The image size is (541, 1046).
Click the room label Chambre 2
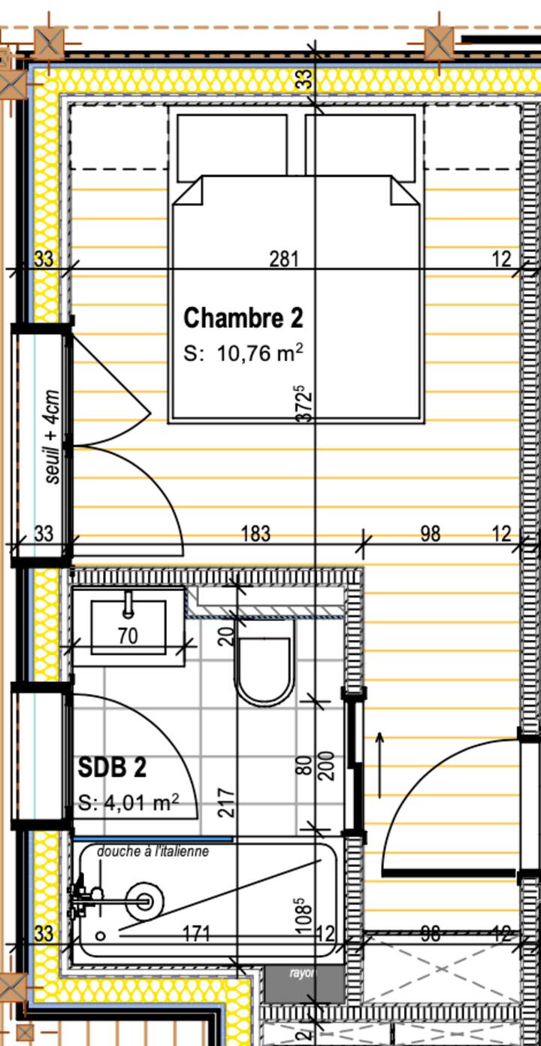[x=243, y=317]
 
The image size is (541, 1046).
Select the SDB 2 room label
[x=112, y=768]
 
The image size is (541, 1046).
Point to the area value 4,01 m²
[x=128, y=802]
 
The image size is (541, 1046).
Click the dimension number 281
[x=284, y=259]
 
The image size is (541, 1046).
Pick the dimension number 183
[x=255, y=534]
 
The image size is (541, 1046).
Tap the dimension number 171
[x=197, y=934]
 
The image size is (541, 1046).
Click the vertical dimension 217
[x=230, y=802]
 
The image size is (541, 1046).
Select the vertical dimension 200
[x=327, y=766]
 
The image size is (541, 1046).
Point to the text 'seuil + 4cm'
[x=53, y=437]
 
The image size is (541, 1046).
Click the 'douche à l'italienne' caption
[x=153, y=851]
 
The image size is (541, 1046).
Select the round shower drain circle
[x=144, y=900]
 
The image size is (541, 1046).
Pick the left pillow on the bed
[x=232, y=147]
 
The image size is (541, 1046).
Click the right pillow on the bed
[x=361, y=147]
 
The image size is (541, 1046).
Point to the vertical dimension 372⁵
[x=304, y=404]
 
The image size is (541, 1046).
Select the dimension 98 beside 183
[x=431, y=534]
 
